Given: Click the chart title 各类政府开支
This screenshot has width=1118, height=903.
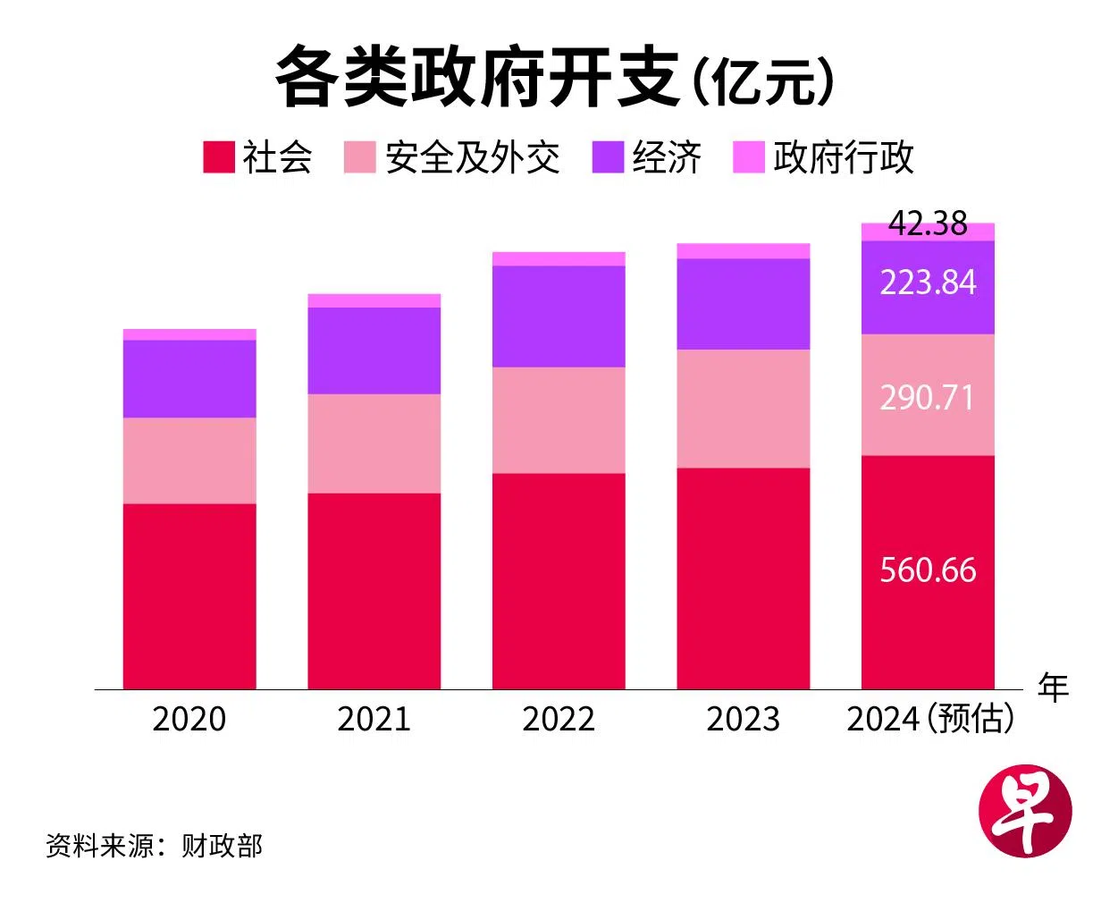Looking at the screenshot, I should (478, 78).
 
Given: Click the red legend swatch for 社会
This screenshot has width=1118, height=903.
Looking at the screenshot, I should (218, 156).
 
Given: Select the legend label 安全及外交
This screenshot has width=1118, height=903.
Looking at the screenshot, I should (472, 157).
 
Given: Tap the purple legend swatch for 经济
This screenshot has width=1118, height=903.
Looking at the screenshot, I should (608, 156).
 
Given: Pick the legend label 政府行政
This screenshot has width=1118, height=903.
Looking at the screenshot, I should (843, 157).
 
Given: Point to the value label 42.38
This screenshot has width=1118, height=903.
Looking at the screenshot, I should (928, 224).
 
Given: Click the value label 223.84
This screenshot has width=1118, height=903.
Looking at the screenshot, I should (928, 283).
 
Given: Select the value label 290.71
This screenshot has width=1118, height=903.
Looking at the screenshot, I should (928, 398).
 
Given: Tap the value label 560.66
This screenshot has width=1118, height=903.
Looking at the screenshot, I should (928, 570).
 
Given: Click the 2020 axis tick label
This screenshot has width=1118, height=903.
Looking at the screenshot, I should (189, 719).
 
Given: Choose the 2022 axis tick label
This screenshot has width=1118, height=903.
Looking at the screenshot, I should (559, 719).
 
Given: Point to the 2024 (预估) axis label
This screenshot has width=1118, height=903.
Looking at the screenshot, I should (930, 719).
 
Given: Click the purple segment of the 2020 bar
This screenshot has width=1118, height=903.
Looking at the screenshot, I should (189, 379).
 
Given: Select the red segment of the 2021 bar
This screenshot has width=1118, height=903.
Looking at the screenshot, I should (374, 591).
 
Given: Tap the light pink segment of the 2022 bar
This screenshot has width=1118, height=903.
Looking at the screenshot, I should (559, 420).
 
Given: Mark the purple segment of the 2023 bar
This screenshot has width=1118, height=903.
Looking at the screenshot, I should (744, 304).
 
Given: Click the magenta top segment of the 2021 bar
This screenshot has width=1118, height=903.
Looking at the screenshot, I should (374, 300).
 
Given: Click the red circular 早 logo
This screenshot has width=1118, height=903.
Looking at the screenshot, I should (1025, 811).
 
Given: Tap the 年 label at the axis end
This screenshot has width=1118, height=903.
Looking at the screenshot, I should (1053, 688).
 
